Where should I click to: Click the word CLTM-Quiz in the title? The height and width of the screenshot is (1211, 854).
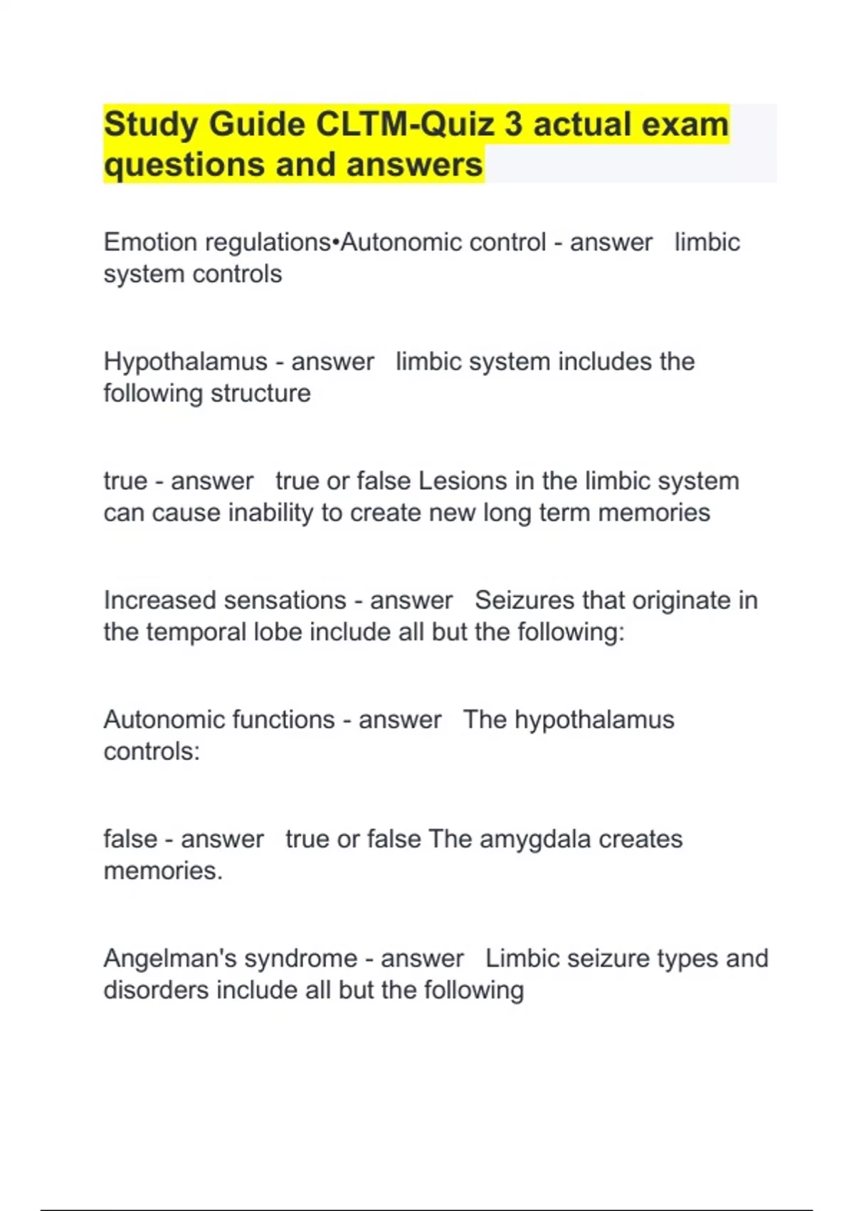click(x=404, y=124)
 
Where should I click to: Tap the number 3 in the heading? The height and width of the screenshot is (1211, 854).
click(x=513, y=124)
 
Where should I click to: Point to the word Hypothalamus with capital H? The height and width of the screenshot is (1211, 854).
click(x=185, y=362)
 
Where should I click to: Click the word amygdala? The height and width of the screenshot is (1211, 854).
click(x=535, y=839)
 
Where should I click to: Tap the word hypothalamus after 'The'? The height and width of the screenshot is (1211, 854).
click(x=594, y=720)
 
